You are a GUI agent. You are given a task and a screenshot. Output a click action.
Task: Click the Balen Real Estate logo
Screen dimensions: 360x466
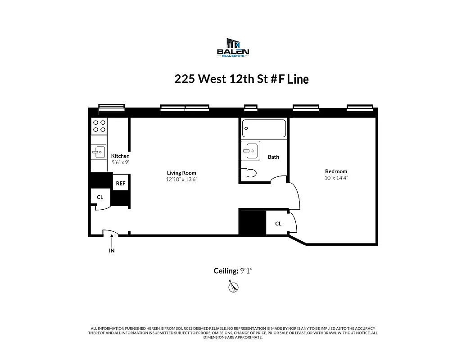(x=233, y=47)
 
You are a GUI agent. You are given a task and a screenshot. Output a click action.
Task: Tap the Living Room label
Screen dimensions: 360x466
(x=181, y=173)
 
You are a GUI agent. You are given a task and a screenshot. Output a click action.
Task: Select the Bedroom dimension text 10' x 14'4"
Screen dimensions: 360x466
(x=336, y=178)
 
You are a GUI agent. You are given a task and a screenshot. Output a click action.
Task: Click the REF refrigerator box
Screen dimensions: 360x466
(x=121, y=184)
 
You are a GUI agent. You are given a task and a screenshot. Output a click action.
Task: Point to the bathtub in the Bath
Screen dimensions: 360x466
(x=264, y=128)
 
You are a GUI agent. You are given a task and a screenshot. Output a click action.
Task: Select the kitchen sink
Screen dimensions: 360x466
(x=99, y=153)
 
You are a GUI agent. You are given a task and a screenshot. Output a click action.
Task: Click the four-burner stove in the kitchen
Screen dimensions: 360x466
(x=100, y=126)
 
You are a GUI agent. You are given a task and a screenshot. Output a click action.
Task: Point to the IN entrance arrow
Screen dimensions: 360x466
(x=112, y=244)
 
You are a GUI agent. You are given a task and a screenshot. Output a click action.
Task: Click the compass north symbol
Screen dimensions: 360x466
(x=233, y=287)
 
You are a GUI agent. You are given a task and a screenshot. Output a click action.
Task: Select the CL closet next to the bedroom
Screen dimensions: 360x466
(x=278, y=224)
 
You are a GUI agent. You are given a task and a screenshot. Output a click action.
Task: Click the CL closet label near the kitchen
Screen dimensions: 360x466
(x=100, y=197)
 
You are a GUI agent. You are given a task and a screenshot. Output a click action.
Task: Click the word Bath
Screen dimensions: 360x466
(x=273, y=157)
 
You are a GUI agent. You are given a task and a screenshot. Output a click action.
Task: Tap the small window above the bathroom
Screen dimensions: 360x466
(x=251, y=108)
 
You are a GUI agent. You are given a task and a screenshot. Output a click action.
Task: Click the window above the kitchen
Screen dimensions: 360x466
(x=112, y=107)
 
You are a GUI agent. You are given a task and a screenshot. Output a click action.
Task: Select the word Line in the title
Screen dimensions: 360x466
(x=298, y=80)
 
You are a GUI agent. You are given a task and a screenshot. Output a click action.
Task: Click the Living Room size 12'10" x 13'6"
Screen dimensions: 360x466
(x=181, y=179)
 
